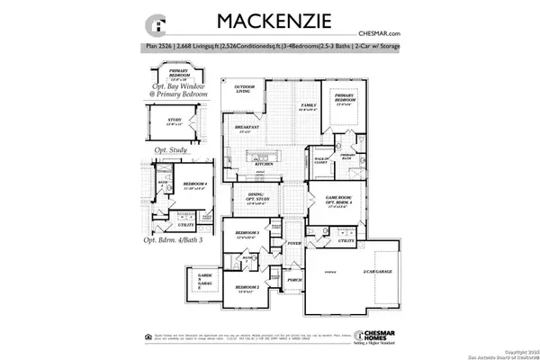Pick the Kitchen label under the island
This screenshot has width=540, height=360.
point(264,165)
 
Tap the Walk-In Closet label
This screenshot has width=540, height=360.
point(319,160)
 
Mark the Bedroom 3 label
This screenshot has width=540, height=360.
point(247,236)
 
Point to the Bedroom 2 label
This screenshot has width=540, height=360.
point(247,289)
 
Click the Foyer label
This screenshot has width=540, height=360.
point(293,243)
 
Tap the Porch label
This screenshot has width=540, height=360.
point(293,279)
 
